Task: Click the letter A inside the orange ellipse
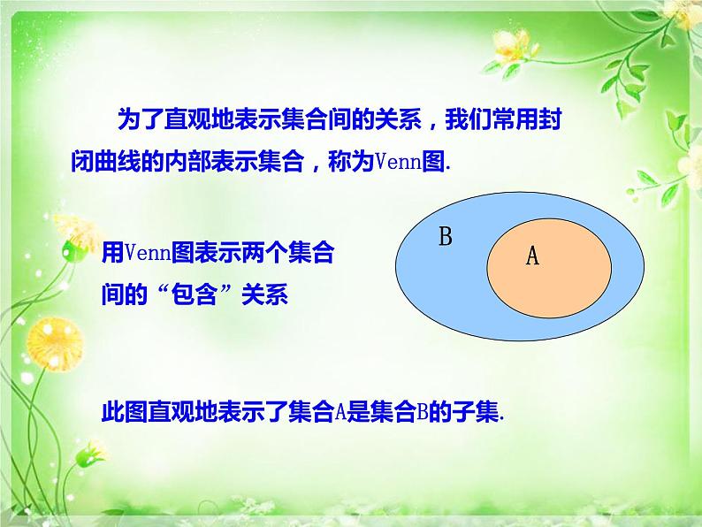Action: click(532, 256)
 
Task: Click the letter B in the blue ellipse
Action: click(446, 237)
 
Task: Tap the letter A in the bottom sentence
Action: click(341, 412)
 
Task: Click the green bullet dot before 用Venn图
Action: click(68, 253)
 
